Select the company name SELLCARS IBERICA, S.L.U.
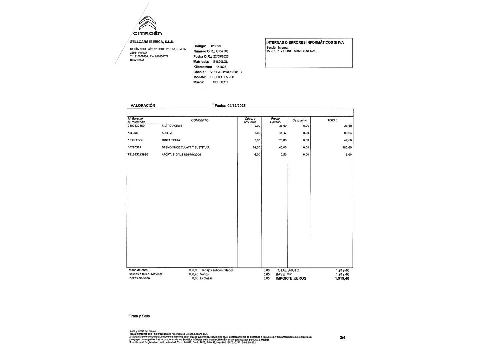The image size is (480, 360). pos(152,42)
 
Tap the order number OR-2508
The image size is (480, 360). pos(222,51)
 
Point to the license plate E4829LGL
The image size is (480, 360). pos(220,62)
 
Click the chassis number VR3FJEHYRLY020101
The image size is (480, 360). pos(226,72)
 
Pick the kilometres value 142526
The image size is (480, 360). pos(221,67)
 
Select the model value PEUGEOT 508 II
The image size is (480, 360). pos(222,77)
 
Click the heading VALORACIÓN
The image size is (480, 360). pos(143,105)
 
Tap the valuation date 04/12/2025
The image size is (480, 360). pos(236,106)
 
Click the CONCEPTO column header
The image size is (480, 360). pos(200,120)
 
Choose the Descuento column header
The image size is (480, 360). pos(299,120)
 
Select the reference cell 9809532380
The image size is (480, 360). pos(136,126)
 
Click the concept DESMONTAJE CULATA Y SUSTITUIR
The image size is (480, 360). pos(185,147)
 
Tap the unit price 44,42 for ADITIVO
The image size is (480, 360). pos(283,133)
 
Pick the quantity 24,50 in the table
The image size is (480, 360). pos(256,147)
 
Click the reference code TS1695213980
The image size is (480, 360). pos(138,155)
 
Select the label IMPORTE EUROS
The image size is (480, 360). pos(291,278)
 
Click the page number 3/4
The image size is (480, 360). pos(343,337)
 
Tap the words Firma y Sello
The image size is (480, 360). pos(139,316)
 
